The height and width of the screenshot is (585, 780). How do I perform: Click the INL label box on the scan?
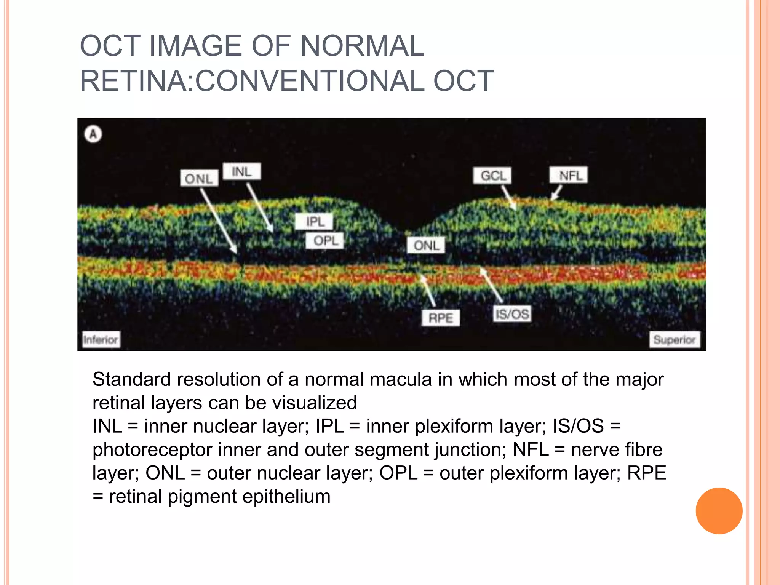pyautogui.click(x=242, y=171)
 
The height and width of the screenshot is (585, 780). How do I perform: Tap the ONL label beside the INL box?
pyautogui.click(x=199, y=178)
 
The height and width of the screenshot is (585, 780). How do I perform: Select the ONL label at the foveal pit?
pyautogui.click(x=426, y=245)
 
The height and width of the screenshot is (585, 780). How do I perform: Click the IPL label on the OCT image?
pyautogui.click(x=315, y=221)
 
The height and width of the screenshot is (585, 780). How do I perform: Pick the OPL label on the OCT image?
pyautogui.click(x=325, y=241)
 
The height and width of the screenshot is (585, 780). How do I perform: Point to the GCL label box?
pyautogui.click(x=492, y=176)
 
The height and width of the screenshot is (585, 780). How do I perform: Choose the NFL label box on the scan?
pyautogui.click(x=569, y=175)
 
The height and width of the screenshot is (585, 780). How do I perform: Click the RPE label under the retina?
pyautogui.click(x=441, y=318)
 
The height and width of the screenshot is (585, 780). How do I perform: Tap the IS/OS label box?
pyautogui.click(x=512, y=314)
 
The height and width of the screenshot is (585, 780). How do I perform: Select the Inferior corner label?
pyautogui.click(x=101, y=339)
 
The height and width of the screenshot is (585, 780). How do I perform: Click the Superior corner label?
pyautogui.click(x=675, y=339)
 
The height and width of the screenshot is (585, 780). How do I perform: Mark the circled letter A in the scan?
pyautogui.click(x=93, y=134)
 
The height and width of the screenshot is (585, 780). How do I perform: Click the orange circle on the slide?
pyautogui.click(x=719, y=511)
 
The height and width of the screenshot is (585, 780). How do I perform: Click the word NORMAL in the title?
pyautogui.click(x=362, y=46)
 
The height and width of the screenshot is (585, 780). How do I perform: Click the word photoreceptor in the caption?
pyautogui.click(x=152, y=449)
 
